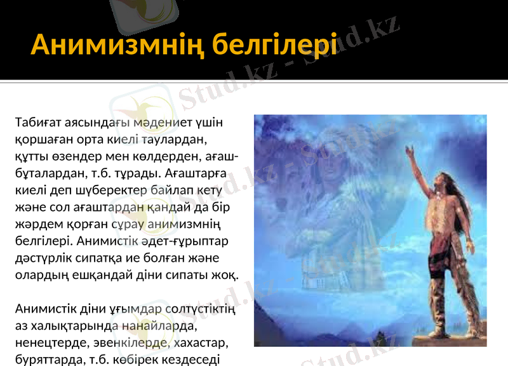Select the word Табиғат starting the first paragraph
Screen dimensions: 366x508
click(x=41, y=121)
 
